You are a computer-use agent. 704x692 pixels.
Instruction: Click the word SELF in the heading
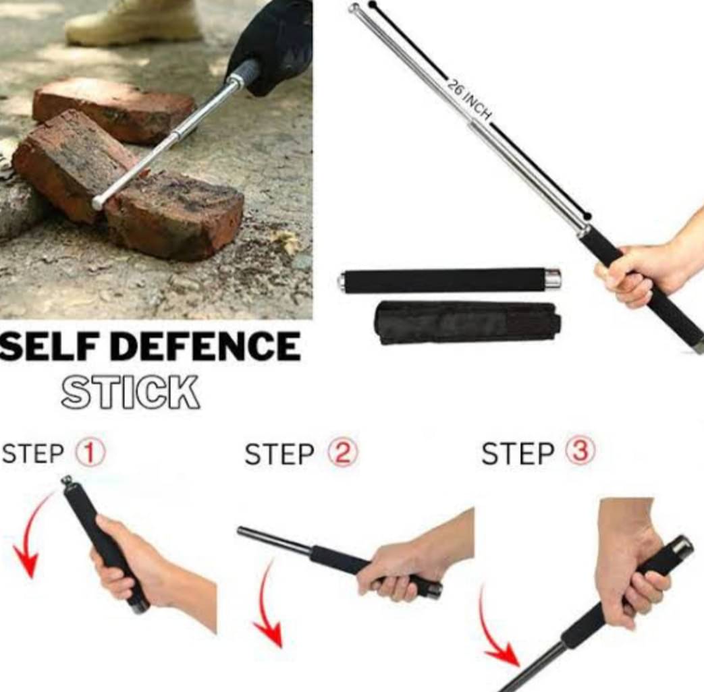click(46, 347)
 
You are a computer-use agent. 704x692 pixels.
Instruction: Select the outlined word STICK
click(130, 392)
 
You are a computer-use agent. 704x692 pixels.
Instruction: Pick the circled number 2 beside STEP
click(342, 453)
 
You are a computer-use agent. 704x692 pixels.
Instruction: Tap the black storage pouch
click(468, 322)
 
